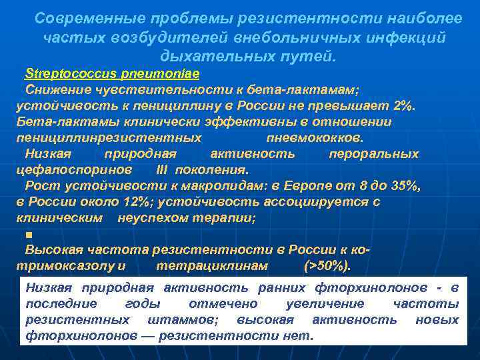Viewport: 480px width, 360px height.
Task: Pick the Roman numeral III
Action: (163, 170)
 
